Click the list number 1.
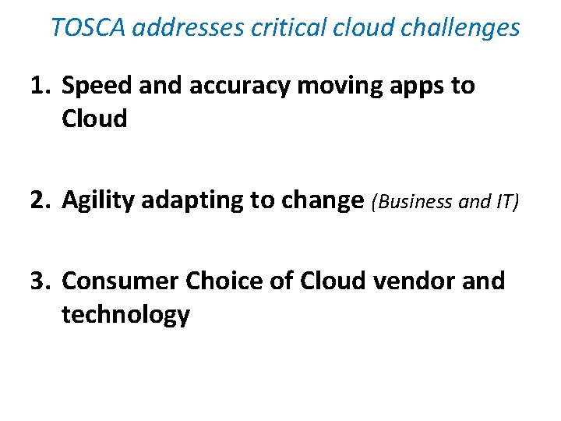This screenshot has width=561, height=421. pos(40,86)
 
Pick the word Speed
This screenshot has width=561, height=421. pos(97,86)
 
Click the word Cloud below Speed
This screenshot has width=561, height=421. pos(94,119)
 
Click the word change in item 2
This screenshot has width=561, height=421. pos(323,200)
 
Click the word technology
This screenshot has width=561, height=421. pos(125,314)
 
